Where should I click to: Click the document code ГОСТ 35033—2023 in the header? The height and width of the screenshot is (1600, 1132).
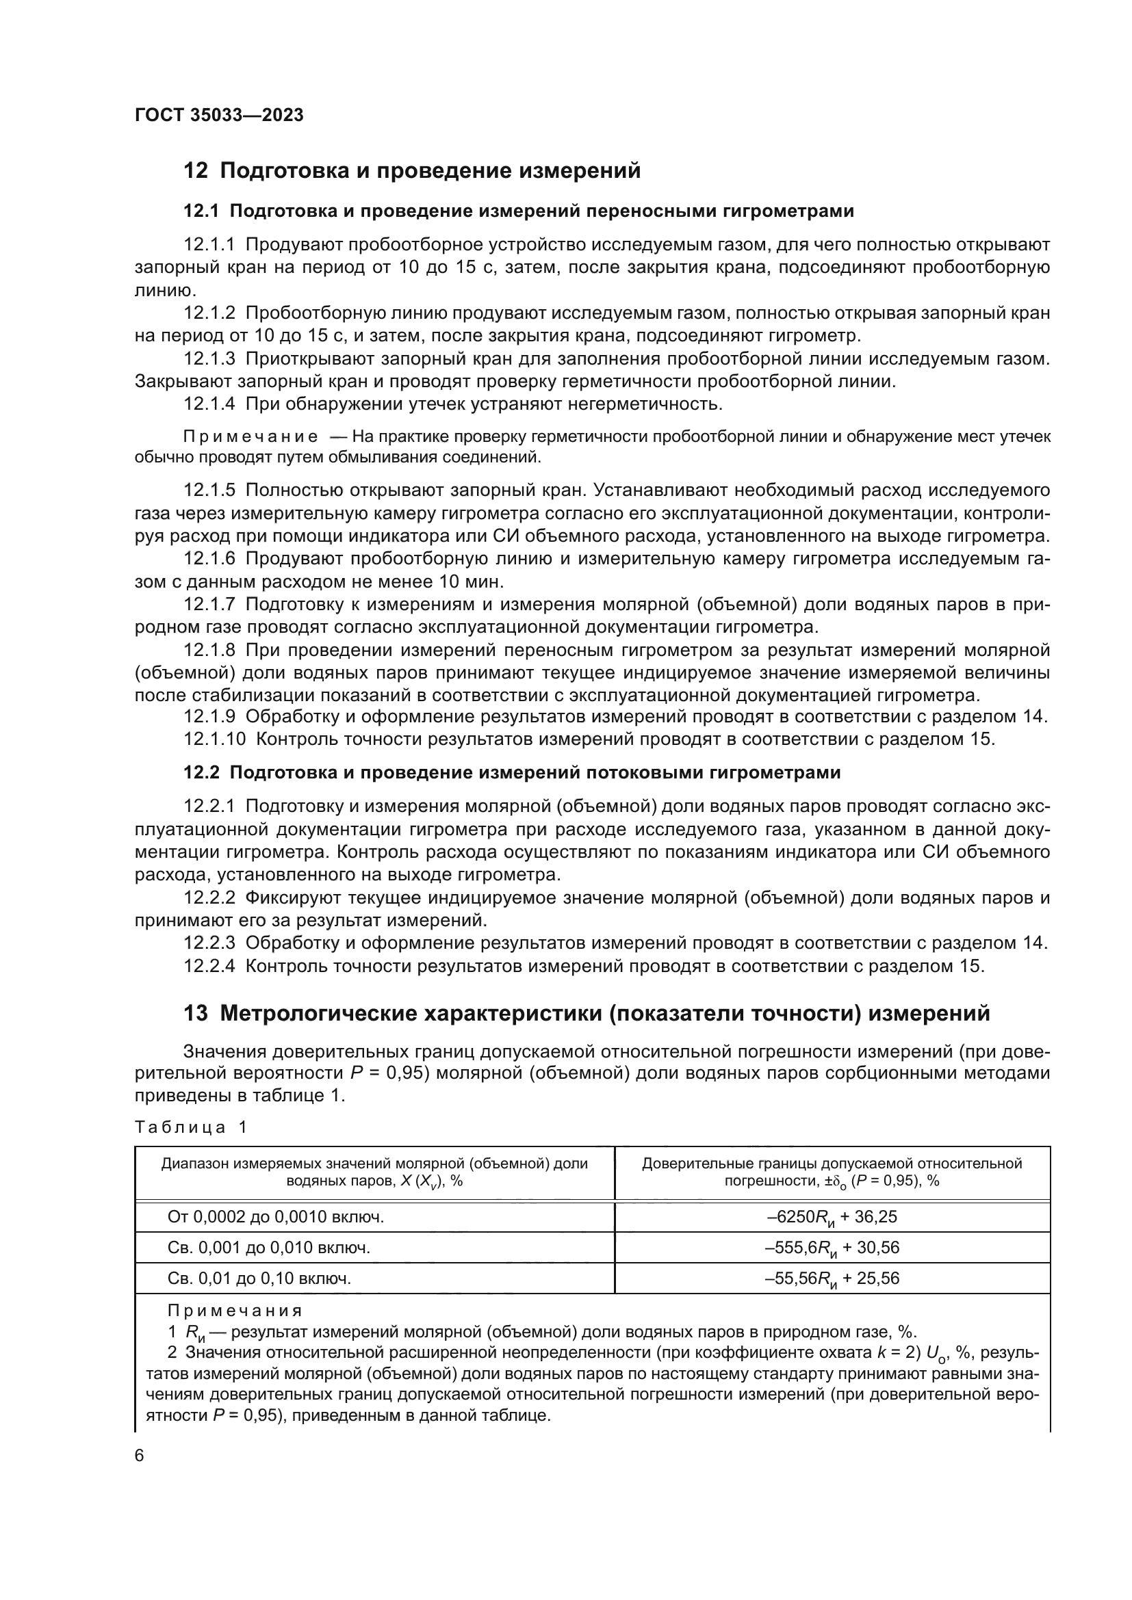(x=219, y=116)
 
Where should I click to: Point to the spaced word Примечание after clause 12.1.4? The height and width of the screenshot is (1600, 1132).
(x=250, y=437)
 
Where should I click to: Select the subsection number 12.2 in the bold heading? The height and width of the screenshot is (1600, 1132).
(x=201, y=772)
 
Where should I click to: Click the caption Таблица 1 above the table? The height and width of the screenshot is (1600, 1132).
(x=190, y=1127)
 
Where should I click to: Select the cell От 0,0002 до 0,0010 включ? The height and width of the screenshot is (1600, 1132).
(x=276, y=1217)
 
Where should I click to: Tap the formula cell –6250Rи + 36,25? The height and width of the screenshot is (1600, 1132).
(x=832, y=1217)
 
